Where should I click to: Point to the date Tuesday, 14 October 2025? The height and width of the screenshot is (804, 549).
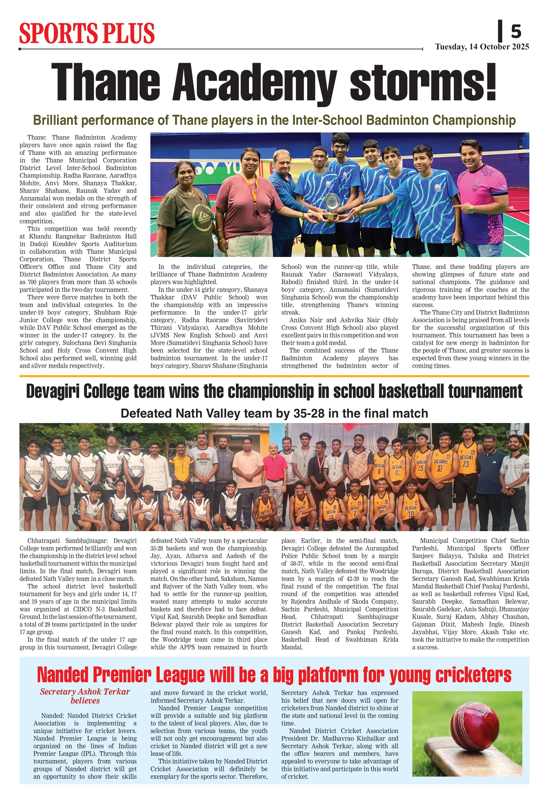coord(482,47)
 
